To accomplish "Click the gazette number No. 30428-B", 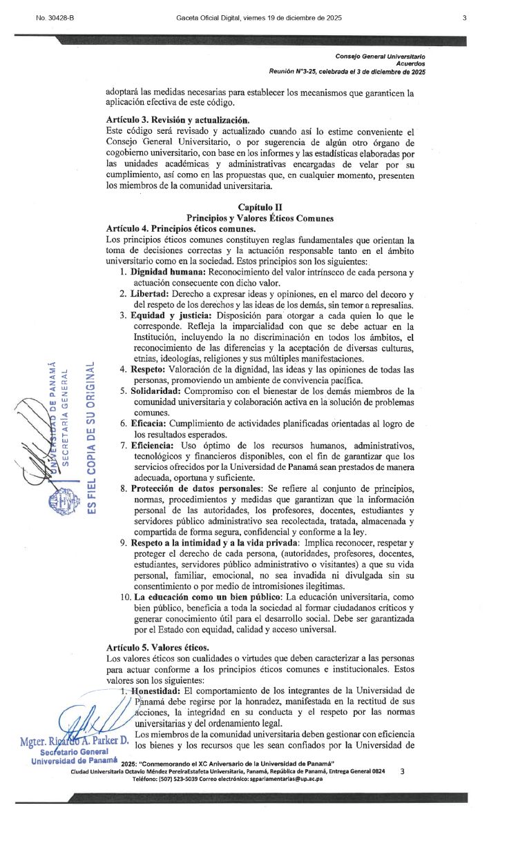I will point(55,19).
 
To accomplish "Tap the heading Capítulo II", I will point(260,207).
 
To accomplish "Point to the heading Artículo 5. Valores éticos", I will point(157,648).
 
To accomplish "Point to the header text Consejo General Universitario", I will point(380,55).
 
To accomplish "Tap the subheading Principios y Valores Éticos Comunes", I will point(260,218).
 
